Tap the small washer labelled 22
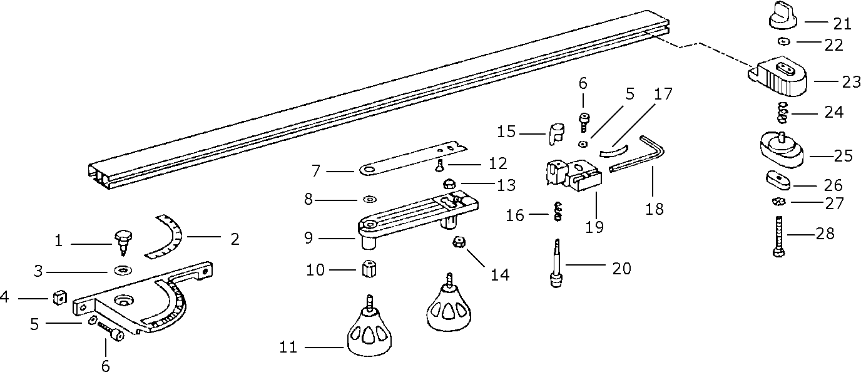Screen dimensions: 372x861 point(783,41)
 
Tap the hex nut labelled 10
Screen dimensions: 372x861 point(369,270)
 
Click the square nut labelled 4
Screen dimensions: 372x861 point(59,297)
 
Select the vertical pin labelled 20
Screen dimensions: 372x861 point(556,263)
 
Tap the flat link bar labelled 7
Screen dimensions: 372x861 point(413,158)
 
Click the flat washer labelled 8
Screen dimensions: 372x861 point(369,200)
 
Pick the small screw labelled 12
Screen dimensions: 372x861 point(439,165)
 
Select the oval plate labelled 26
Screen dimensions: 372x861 point(778,180)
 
